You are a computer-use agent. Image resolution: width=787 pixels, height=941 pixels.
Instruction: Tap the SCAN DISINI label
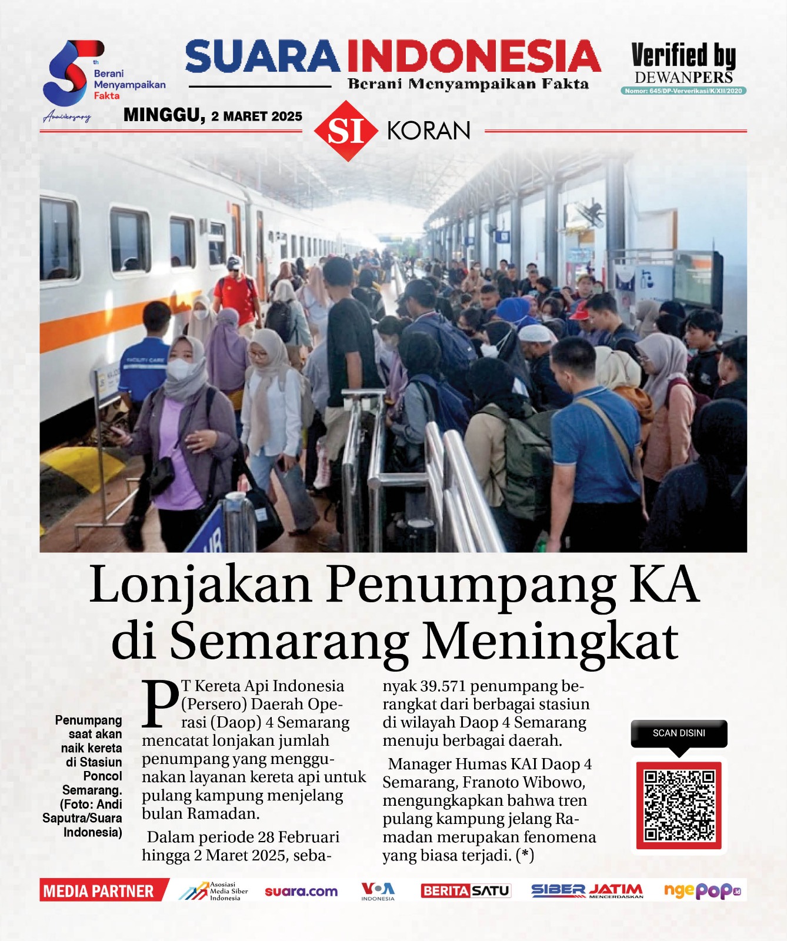679,733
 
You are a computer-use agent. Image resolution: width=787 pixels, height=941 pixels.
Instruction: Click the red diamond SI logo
345,131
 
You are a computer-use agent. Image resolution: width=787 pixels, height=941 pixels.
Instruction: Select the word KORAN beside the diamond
429,131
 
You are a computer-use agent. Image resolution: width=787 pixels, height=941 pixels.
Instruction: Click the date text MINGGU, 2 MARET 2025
212,115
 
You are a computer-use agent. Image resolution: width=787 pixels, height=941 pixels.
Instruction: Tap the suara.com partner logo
301,892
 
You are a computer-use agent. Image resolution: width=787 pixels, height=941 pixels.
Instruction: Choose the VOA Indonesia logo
378,891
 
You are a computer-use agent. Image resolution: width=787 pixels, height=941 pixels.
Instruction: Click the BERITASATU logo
465,891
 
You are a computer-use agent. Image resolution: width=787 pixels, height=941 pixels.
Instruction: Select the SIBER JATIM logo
586,891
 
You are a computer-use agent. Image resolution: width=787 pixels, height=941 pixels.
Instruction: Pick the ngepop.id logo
702,891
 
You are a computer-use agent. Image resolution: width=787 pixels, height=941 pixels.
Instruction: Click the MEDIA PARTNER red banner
100,891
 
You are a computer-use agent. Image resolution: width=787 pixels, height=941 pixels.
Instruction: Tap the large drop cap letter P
161,703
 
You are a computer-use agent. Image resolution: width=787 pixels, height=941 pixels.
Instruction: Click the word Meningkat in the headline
551,641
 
